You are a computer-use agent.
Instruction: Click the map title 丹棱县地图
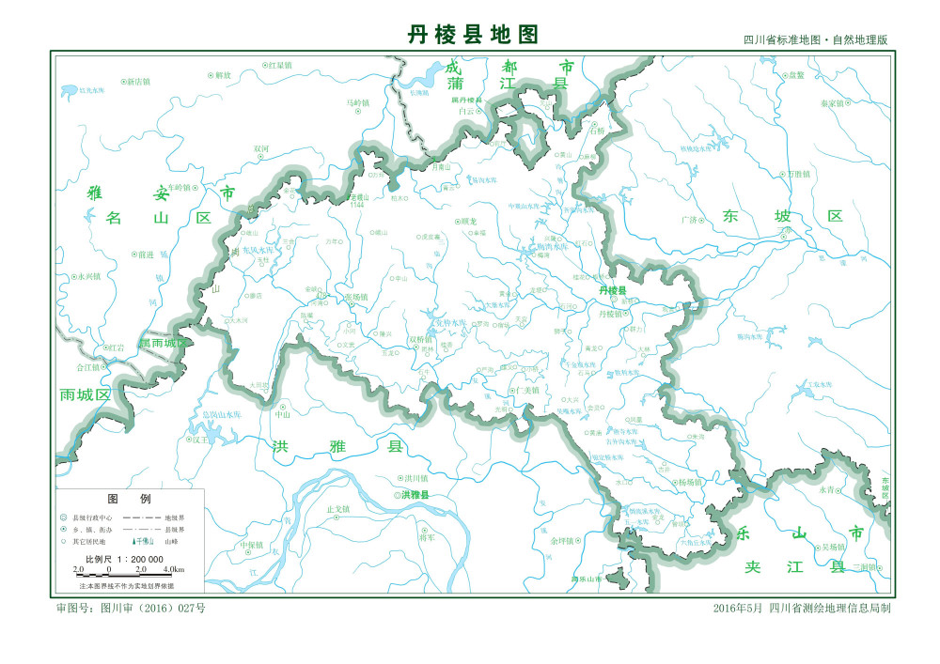click(x=473, y=36)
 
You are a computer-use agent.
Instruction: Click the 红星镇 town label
click(x=279, y=66)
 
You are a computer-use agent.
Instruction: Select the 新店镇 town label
click(x=138, y=82)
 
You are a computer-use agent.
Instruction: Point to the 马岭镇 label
click(x=358, y=102)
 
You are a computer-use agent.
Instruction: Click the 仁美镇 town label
click(x=528, y=390)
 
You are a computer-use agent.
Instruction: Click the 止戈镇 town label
click(x=337, y=509)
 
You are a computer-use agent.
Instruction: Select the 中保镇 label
click(x=251, y=544)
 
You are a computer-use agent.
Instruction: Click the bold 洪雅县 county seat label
click(x=415, y=495)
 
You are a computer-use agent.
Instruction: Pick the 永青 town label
click(x=826, y=489)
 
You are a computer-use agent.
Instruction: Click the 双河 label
click(x=261, y=148)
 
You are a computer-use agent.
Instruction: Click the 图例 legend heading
click(x=129, y=499)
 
